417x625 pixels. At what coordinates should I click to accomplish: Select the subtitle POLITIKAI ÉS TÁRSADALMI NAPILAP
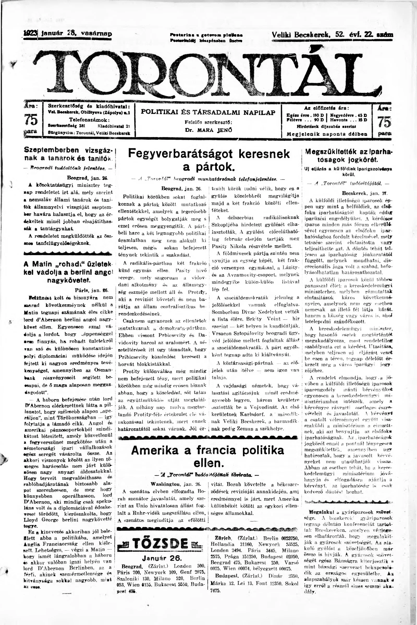[x=208, y=113]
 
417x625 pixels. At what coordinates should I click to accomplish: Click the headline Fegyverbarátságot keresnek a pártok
[x=209, y=160]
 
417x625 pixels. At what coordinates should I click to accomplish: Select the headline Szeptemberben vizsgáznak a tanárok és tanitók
[x=69, y=153]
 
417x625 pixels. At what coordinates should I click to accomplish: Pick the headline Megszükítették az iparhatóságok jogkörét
[x=349, y=156]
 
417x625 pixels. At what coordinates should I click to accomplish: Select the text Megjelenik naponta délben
[x=327, y=134]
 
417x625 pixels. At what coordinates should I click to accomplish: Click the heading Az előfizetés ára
[x=327, y=108]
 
